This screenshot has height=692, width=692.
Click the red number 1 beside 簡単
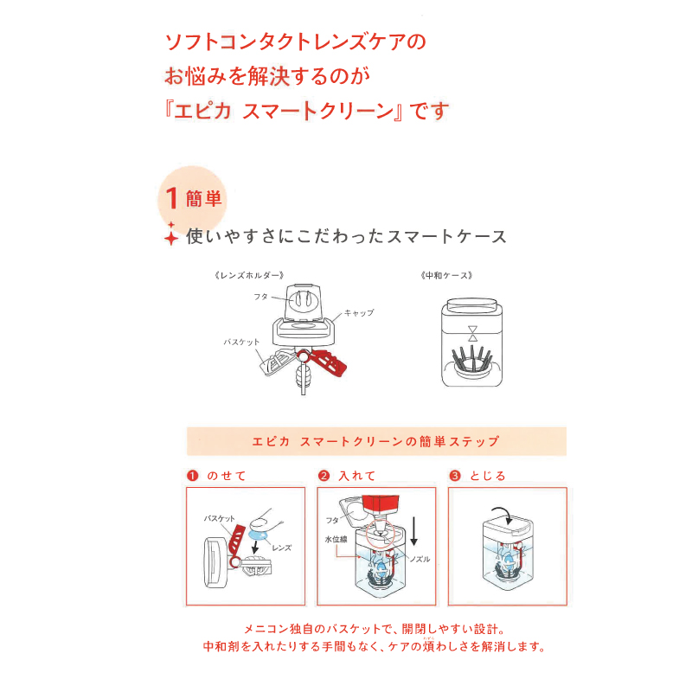click(x=172, y=198)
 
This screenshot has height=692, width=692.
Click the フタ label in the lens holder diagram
click(x=260, y=297)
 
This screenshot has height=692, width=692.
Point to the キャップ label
click(x=358, y=312)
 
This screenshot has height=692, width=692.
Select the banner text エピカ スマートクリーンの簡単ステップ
click(x=376, y=441)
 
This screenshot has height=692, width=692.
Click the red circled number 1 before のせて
click(x=193, y=476)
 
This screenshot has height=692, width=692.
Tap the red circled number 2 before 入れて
click(x=324, y=476)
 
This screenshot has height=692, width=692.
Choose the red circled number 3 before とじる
click(x=455, y=476)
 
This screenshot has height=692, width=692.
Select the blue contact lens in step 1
click(x=256, y=536)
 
